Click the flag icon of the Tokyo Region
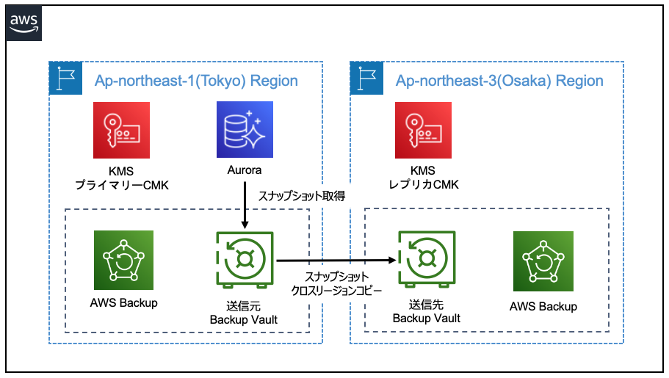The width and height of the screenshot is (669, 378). point(62,79)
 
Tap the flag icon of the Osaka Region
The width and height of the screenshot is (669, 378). point(365,79)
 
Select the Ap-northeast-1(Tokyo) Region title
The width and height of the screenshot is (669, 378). point(196,81)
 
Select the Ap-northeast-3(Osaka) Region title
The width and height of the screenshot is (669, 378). point(499,81)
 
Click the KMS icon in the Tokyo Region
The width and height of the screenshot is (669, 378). point(122,130)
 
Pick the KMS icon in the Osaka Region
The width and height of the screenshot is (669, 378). point(424,130)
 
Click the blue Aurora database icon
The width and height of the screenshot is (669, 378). point(245,130)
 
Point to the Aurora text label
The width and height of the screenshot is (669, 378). point(245,170)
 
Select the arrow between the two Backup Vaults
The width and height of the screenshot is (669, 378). point(335,259)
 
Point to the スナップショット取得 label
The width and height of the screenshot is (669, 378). point(301,196)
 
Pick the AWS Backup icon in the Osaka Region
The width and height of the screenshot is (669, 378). point(543,261)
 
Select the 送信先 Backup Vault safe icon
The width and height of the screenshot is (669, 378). point(426,260)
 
